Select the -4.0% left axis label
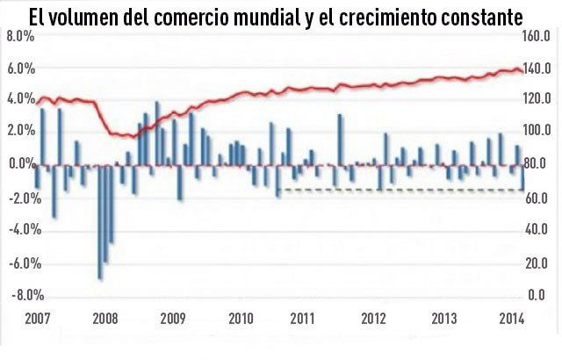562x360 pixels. point(18,230)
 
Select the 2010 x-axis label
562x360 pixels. point(240,318)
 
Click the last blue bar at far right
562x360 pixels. point(522,177)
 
